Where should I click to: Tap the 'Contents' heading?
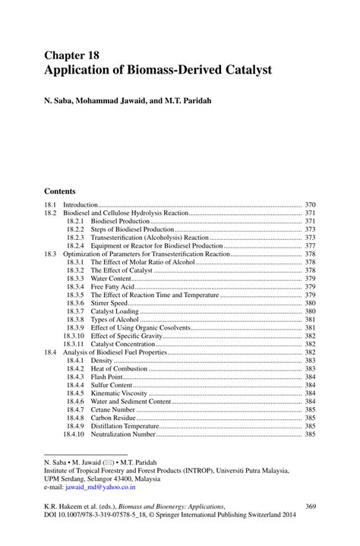(x=60, y=191)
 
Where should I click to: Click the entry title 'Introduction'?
(x=81, y=205)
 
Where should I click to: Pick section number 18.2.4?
(x=74, y=246)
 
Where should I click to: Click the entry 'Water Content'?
(x=111, y=279)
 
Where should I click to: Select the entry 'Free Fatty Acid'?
(x=113, y=287)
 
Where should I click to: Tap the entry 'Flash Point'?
(x=108, y=377)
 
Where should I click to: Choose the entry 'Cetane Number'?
(x=113, y=409)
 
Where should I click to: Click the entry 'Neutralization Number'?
(x=123, y=434)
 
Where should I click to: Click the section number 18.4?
(x=51, y=352)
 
